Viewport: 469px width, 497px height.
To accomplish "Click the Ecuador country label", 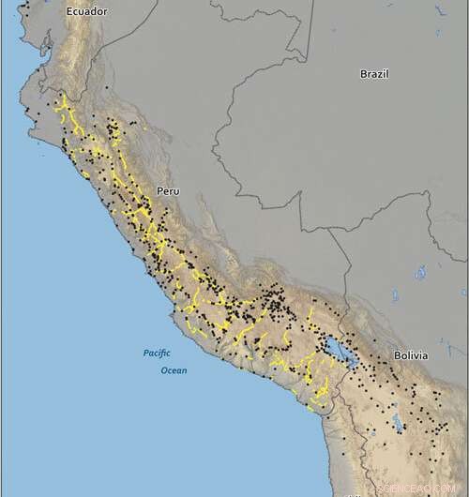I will pos(87,12).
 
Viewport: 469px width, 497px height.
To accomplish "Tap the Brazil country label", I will pos(374,74).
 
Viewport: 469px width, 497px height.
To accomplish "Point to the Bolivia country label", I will pos(410,355).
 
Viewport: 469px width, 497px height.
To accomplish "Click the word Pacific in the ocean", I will pos(157,354).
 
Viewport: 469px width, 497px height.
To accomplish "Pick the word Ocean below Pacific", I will pos(172,370).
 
